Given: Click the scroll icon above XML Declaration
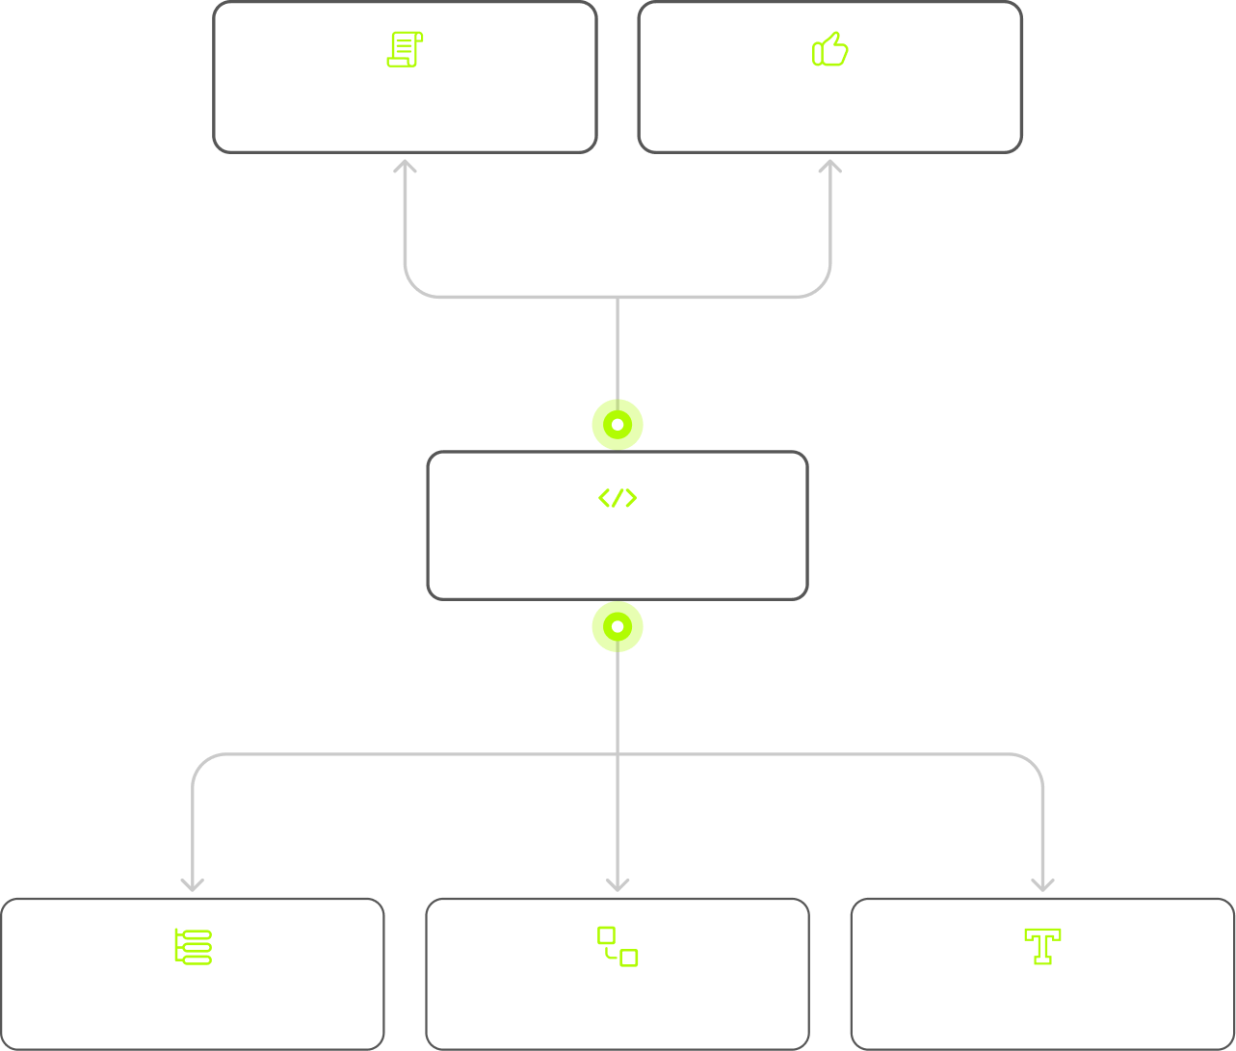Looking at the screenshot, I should (405, 49).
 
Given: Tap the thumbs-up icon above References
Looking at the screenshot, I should (829, 49).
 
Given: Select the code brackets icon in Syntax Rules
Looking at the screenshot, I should (618, 498).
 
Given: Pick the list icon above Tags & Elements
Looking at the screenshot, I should (193, 946).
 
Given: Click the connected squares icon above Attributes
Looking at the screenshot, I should (618, 946).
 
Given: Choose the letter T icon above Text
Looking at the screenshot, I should (1042, 946).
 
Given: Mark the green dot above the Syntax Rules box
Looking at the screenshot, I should (618, 424).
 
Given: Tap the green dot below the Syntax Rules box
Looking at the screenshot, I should (618, 626).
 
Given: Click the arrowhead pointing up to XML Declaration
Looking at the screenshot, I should (405, 167).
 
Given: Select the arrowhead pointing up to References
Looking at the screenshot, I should (829, 167).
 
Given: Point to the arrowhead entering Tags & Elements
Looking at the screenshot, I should (193, 883).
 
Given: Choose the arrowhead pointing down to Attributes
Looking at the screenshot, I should (618, 883).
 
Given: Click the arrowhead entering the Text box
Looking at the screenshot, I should (1042, 883).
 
